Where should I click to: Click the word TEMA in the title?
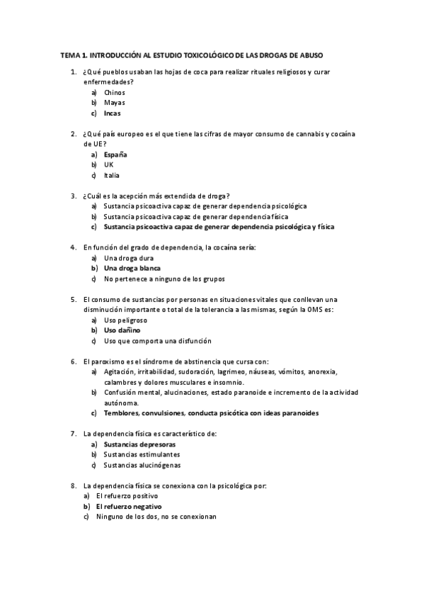click(70, 54)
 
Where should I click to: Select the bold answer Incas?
click(112, 113)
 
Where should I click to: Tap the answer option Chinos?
click(114, 92)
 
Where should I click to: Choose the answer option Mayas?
click(114, 103)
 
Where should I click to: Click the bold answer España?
click(115, 155)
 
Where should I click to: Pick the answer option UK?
click(108, 164)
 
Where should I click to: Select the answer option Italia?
click(111, 175)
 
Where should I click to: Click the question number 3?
click(74, 196)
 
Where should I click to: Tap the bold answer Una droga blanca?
click(132, 269)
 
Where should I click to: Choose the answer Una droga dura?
click(128, 258)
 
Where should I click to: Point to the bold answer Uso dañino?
click(122, 330)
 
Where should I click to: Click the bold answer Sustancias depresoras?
click(139, 444)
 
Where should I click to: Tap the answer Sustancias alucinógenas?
click(142, 466)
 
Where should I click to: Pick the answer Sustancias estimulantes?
click(141, 455)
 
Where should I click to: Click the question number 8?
click(74, 486)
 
